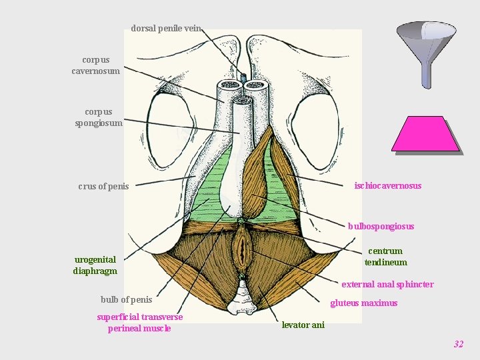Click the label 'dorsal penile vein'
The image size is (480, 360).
click(x=165, y=29)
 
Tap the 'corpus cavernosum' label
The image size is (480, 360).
click(x=96, y=65)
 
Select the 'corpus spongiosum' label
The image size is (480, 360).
click(x=99, y=117)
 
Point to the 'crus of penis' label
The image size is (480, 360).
click(x=103, y=187)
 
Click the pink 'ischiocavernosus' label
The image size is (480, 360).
click(x=388, y=186)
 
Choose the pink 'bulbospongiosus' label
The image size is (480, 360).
click(x=381, y=227)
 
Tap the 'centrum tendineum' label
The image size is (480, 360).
click(x=385, y=257)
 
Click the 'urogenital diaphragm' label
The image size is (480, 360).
click(x=95, y=265)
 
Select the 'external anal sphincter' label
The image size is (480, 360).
click(x=387, y=285)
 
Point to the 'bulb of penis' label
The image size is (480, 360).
click(x=126, y=299)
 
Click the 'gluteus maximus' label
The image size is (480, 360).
click(x=364, y=303)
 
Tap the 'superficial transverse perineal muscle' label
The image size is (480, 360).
click(x=139, y=323)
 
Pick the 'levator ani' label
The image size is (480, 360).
click(x=303, y=325)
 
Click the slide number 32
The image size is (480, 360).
click(x=458, y=345)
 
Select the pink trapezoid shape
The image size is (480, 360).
click(x=425, y=134)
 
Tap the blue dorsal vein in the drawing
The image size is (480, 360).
click(x=243, y=79)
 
